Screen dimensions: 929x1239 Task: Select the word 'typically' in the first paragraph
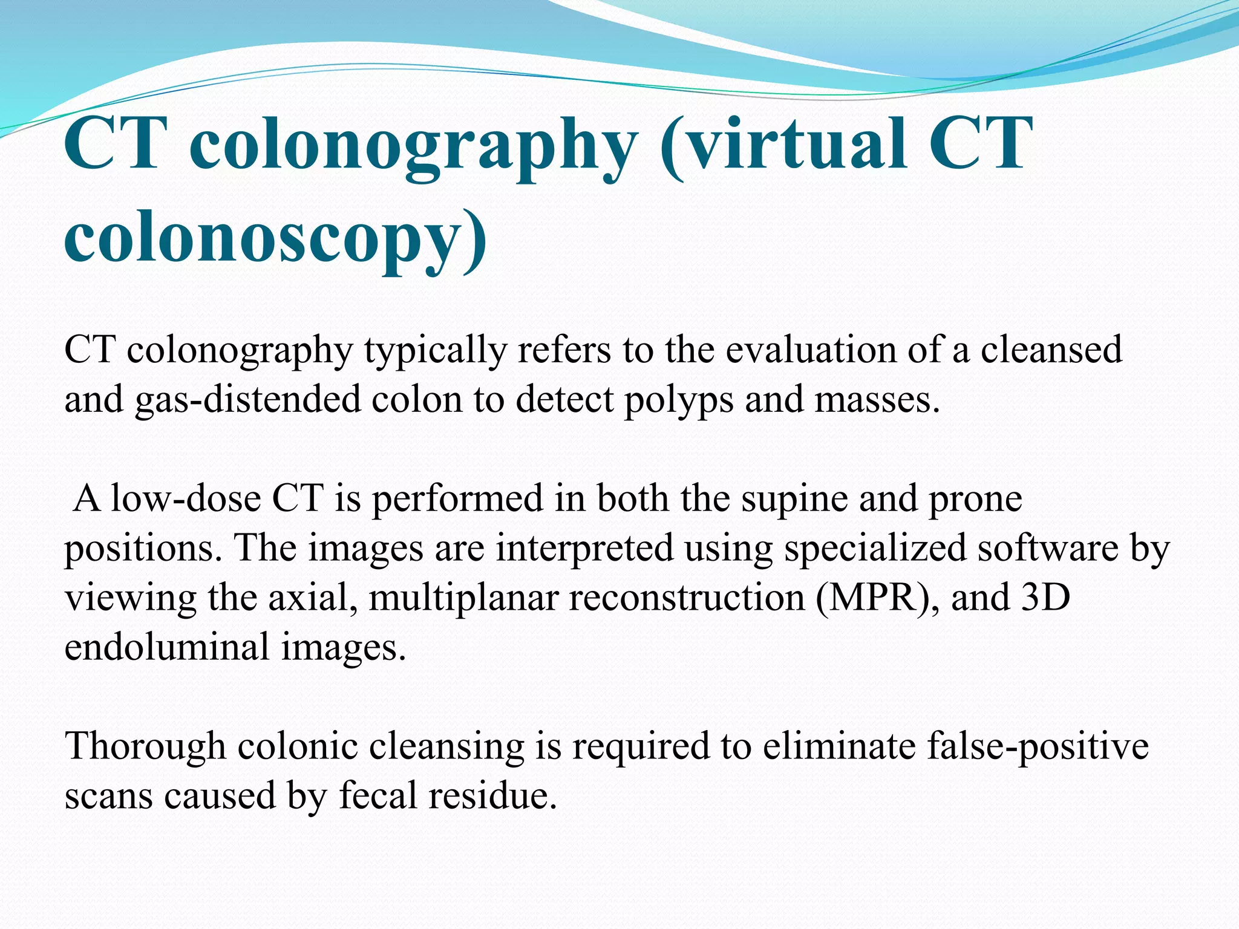click(434, 351)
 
